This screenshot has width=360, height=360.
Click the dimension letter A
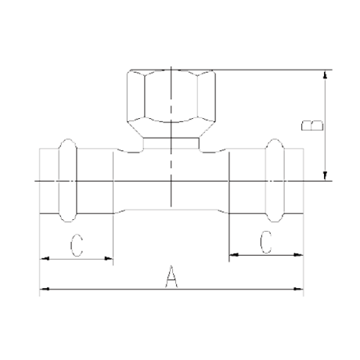click(171, 276)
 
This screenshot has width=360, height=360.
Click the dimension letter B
click(312, 125)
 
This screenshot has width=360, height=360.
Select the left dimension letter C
click(77, 246)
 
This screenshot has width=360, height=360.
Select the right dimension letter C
click(266, 242)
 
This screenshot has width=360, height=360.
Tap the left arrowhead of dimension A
click(45, 289)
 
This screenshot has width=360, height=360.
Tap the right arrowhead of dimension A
click(299, 289)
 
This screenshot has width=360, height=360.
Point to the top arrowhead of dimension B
click(325, 74)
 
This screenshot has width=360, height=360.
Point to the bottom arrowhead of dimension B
click(325, 176)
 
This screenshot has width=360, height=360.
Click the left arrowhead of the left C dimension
click(45, 258)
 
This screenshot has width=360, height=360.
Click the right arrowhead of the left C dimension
click(109, 258)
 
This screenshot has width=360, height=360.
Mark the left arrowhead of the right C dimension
click(234, 254)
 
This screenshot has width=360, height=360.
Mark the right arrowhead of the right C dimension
click(299, 254)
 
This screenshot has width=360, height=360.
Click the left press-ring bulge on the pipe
click(68, 181)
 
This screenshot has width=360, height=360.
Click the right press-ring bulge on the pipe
click(275, 181)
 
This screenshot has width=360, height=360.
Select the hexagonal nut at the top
click(171, 103)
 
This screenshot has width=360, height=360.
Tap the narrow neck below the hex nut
click(171, 143)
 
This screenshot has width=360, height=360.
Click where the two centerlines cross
click(171, 181)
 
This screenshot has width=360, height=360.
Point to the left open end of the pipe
click(40, 181)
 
